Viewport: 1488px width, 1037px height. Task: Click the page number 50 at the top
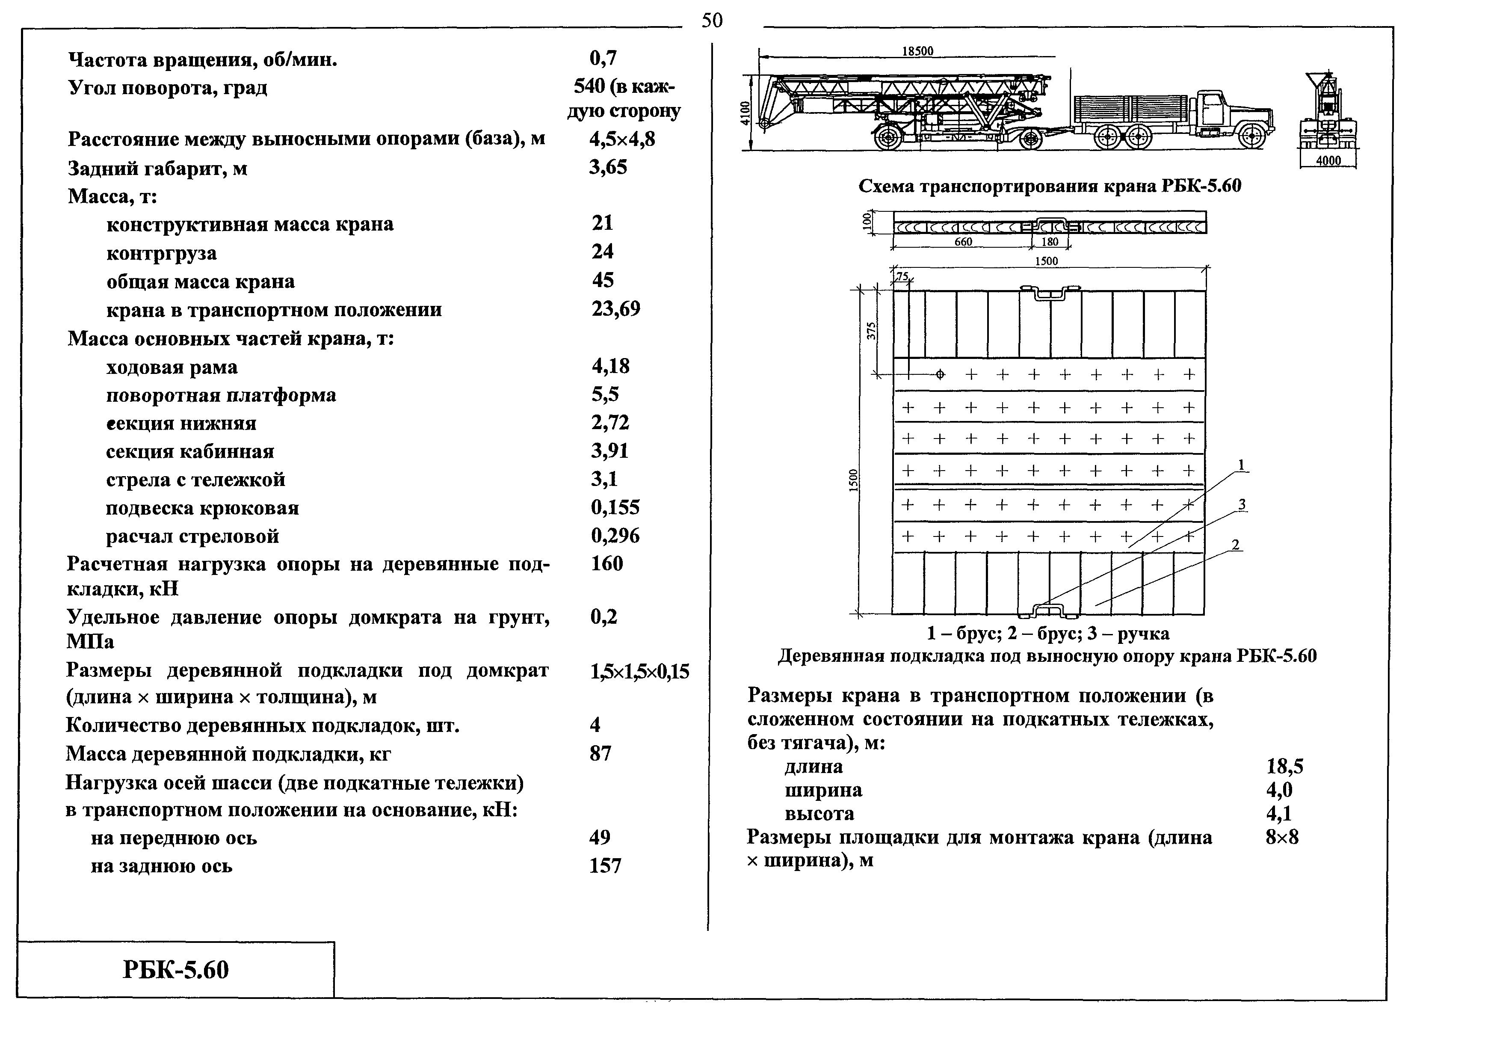(x=712, y=21)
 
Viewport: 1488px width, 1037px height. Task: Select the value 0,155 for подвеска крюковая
(x=614, y=507)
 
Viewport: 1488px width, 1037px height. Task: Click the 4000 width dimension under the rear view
(x=1328, y=160)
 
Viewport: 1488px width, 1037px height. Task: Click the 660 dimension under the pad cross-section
(x=963, y=242)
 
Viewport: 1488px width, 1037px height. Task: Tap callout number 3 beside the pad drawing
(x=1242, y=504)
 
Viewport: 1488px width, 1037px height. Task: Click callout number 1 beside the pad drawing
(x=1241, y=465)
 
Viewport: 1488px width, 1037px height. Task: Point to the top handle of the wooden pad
(x=1050, y=292)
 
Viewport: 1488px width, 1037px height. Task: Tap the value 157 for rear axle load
(x=605, y=866)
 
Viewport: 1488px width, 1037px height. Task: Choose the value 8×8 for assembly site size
(x=1282, y=837)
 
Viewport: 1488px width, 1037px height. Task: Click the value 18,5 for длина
(x=1284, y=767)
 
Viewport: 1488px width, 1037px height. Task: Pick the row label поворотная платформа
(x=221, y=395)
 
